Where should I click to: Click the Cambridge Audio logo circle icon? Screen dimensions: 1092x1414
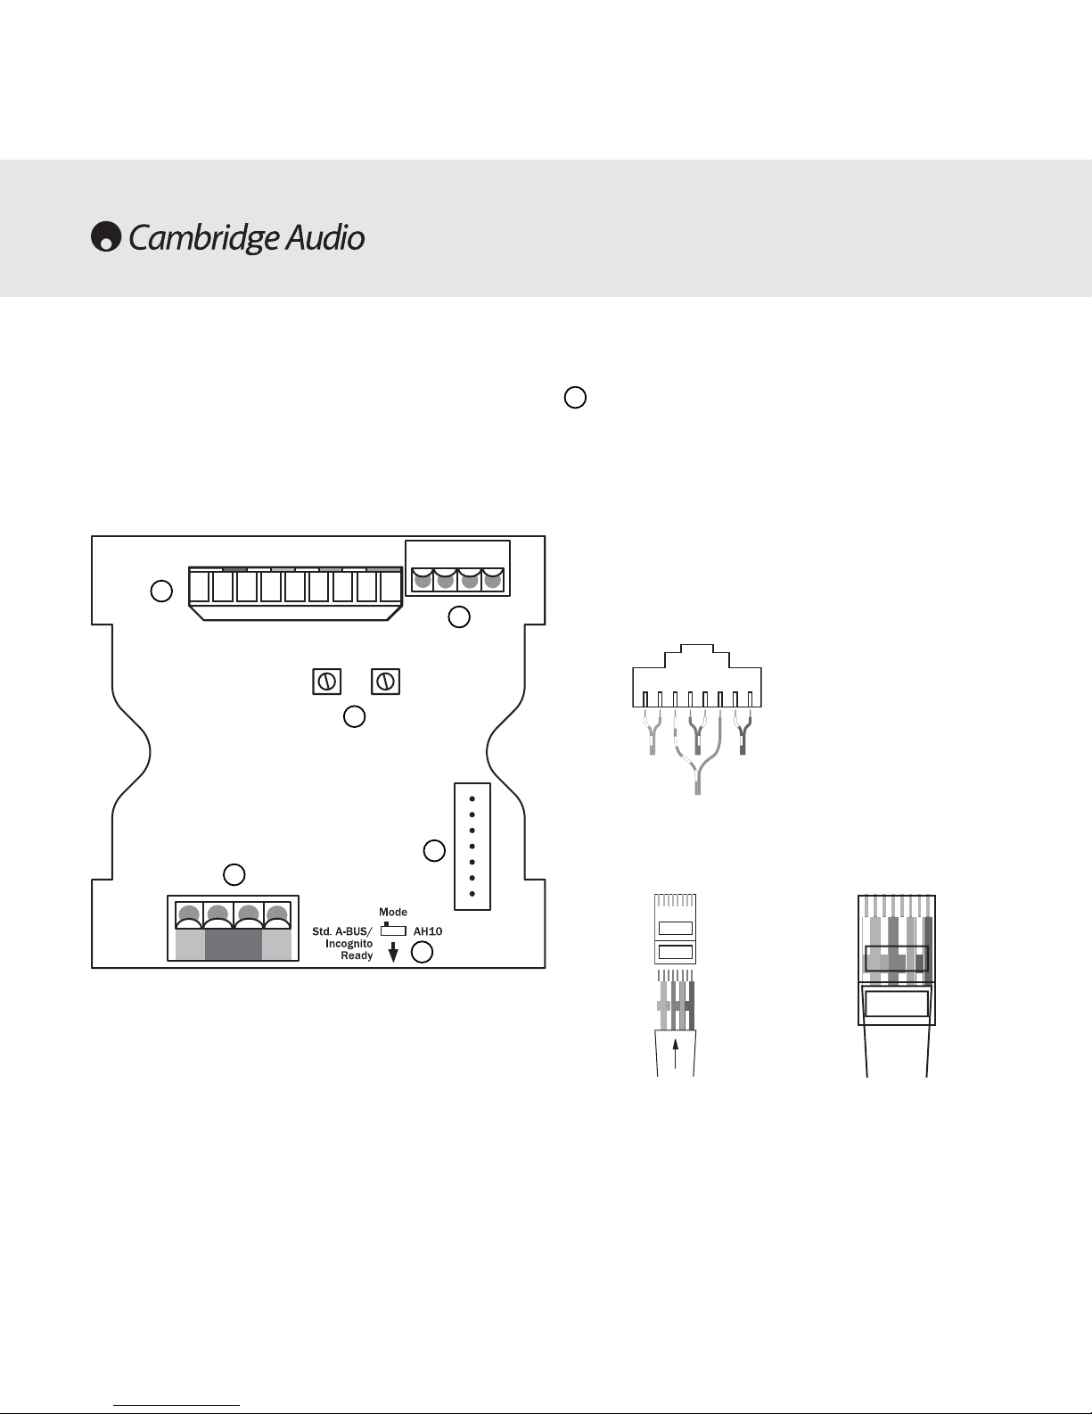106,236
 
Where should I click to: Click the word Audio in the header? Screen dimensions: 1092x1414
325,237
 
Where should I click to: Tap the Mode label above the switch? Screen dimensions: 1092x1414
392,912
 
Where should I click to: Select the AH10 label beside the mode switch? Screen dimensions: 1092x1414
428,931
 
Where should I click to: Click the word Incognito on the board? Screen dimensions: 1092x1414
349,944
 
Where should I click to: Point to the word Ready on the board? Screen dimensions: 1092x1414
357,955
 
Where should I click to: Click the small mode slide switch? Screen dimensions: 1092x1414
393,930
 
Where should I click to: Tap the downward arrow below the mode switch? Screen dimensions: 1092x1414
393,952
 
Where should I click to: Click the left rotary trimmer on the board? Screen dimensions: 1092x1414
327,682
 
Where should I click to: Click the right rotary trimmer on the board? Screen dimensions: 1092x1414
385,682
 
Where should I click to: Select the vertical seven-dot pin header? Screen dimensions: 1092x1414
472,847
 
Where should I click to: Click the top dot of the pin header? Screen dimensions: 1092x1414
472,799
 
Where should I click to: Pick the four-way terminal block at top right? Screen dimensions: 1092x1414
457,568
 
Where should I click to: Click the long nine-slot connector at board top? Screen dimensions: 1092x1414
295,593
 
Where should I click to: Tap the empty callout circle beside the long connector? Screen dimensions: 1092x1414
161,591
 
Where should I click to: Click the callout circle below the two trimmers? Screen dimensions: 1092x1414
354,716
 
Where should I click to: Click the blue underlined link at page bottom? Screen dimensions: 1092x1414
177,1406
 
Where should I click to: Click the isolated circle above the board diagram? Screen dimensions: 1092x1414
575,397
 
